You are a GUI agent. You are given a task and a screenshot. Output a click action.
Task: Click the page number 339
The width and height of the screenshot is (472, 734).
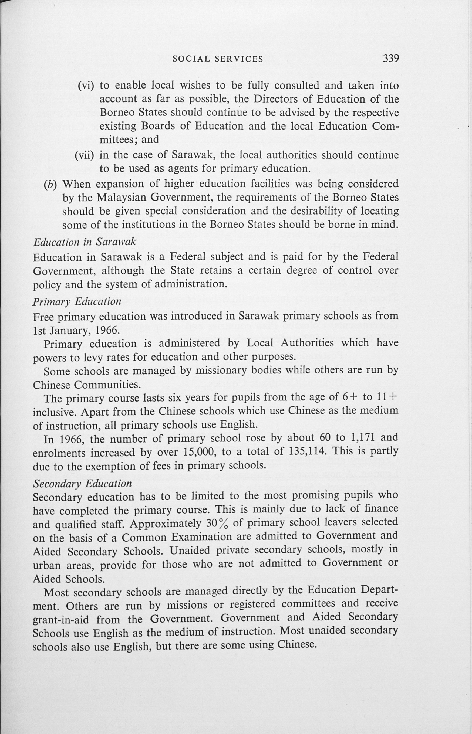[x=390, y=58]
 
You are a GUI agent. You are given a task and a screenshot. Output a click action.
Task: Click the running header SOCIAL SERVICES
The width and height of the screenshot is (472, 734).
[x=218, y=59]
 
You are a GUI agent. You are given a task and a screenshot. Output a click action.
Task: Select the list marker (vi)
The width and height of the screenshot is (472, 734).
[x=86, y=86]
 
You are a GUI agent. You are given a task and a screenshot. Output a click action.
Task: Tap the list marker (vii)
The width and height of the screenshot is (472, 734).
[x=84, y=155]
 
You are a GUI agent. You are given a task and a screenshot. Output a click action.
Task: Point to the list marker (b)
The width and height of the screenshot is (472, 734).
[x=50, y=184]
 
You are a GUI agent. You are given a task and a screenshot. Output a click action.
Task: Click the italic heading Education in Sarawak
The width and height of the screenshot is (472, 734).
[x=85, y=242]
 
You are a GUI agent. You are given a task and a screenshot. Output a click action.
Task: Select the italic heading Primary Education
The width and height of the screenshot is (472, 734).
[x=77, y=302]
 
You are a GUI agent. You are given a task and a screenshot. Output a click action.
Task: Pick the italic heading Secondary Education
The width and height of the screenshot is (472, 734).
[x=82, y=484]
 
